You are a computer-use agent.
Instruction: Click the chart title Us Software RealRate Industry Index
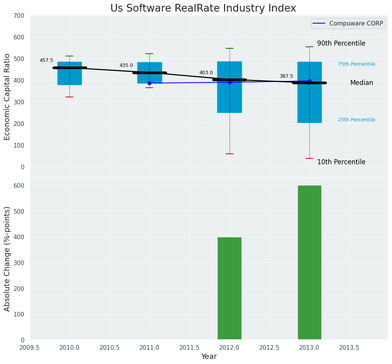point(203,9)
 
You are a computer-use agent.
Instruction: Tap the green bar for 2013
point(309,262)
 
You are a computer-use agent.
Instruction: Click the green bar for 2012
point(230,288)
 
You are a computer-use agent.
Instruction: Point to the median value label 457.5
point(46,60)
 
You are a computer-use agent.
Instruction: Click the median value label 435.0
point(126,65)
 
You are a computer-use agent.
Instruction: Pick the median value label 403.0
point(206,73)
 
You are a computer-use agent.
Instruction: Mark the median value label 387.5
point(286,76)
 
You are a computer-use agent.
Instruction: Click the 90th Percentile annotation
point(341,43)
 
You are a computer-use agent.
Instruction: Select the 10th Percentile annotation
point(341,162)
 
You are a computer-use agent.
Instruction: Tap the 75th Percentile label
point(357,64)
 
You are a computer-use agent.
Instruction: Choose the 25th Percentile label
point(357,120)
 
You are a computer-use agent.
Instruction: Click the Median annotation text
point(362,83)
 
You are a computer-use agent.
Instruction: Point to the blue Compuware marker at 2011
point(149,83)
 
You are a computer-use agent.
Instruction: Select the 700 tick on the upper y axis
point(19,15)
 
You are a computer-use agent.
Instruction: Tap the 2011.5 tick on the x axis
point(189,347)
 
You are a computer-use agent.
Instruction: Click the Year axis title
point(209,357)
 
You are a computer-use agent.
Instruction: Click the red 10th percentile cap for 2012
point(230,154)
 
